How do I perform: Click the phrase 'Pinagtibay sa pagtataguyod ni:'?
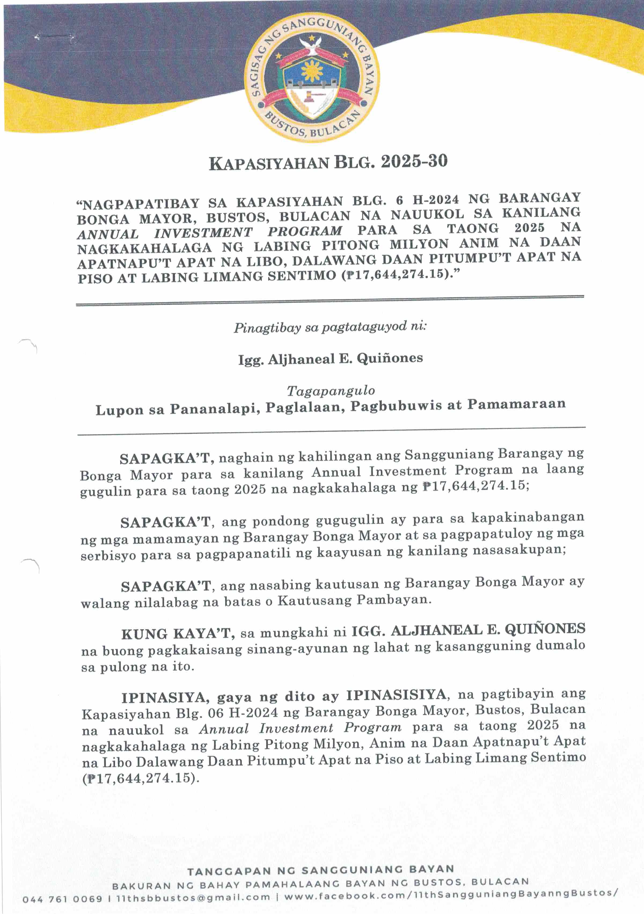330,327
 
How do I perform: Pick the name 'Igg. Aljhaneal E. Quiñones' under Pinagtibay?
330,359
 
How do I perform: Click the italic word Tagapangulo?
331,391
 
